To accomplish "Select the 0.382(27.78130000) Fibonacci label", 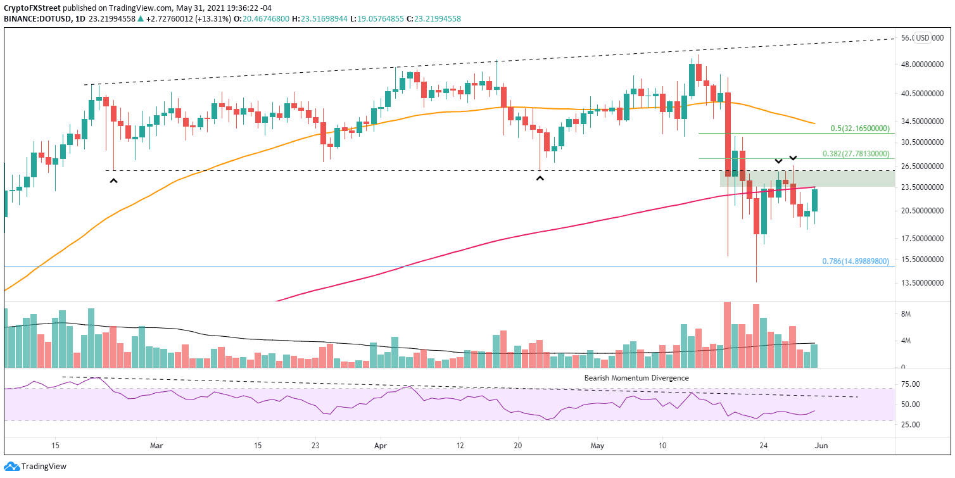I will pos(856,153).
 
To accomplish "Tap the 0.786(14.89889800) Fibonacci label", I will pos(856,261).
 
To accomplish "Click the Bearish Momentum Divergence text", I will pos(636,378).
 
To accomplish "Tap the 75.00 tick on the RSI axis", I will pos(911,384).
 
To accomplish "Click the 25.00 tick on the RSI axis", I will pos(911,424).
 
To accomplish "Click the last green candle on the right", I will pos(815,200).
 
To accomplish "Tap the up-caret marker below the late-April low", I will pos(540,179).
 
